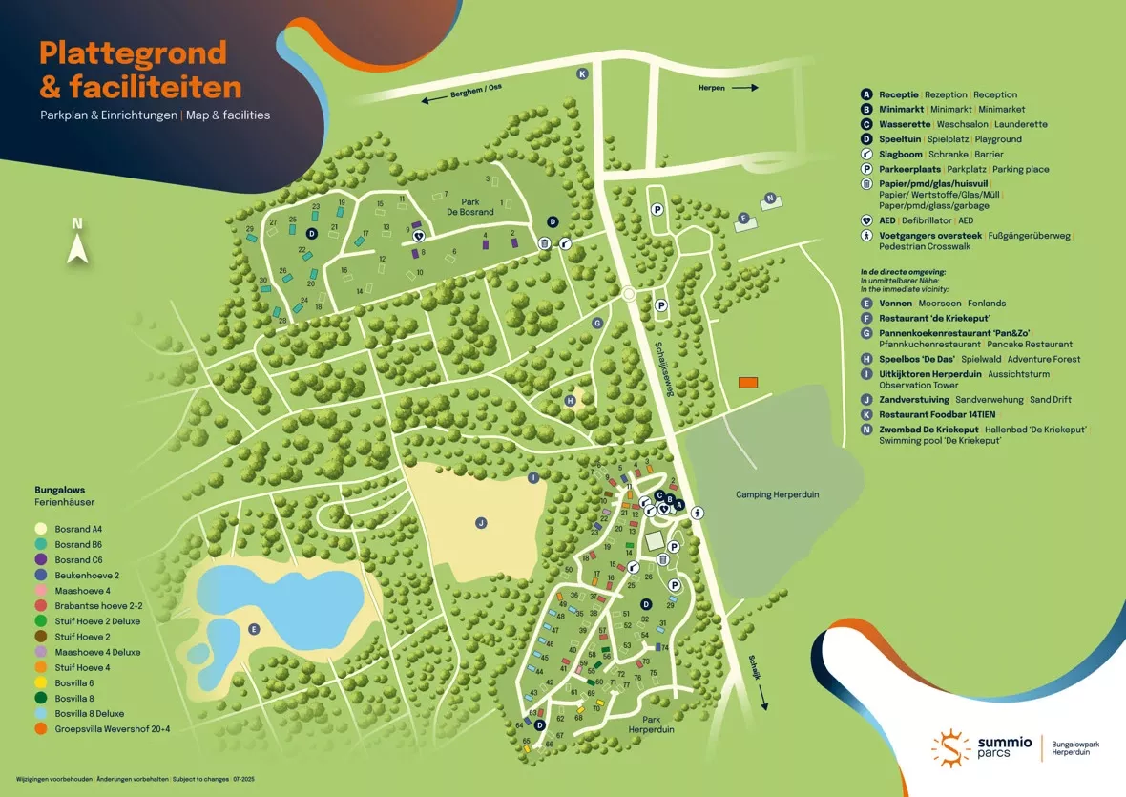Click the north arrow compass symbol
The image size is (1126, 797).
(77, 242)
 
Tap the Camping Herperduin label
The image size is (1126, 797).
(777, 494)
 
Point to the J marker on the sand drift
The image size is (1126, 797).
(481, 522)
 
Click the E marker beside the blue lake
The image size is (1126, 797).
(253, 628)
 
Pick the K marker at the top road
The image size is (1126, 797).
(582, 73)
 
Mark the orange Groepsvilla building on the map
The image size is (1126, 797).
(748, 382)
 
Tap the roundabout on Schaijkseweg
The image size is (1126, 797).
(628, 294)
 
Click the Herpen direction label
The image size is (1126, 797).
(712, 87)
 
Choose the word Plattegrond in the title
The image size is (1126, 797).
(133, 52)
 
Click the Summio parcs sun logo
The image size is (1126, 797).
(950, 746)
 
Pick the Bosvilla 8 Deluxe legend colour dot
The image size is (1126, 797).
(40, 714)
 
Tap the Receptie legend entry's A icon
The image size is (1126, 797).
(866, 94)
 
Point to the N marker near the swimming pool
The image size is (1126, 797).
(768, 199)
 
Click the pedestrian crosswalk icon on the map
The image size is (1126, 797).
(699, 512)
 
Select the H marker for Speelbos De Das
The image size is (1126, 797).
(572, 401)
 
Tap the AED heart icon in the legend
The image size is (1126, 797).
(866, 220)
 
